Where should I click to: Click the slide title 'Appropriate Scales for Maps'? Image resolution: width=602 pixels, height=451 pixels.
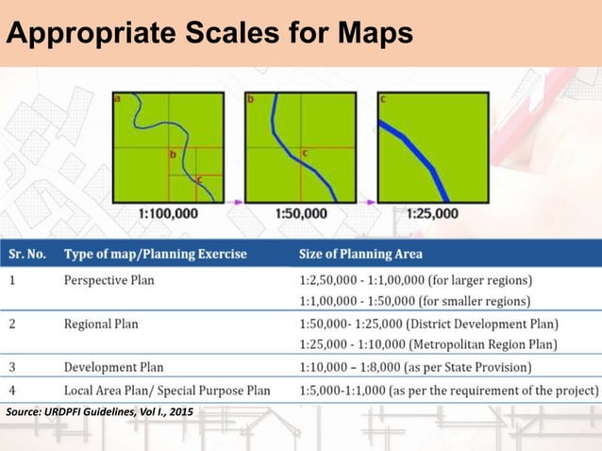coord(209,34)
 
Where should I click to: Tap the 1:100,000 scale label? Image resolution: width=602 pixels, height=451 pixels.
coord(168,213)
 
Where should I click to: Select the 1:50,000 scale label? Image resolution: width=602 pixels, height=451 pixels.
coord(301,213)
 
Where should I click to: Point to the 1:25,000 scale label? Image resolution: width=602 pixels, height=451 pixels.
coord(432,213)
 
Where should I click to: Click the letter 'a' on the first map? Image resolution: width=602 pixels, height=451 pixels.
coord(117,97)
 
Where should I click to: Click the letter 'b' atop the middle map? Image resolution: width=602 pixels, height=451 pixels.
coord(250,98)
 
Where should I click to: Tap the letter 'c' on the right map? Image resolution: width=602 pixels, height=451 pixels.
coord(382,98)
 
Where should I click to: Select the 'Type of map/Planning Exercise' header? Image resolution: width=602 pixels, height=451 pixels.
coord(155,254)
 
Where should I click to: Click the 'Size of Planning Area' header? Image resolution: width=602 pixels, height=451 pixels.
coord(360,254)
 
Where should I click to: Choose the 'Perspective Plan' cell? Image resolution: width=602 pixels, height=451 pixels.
coord(108,280)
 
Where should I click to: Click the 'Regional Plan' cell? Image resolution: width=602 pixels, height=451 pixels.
coord(100,325)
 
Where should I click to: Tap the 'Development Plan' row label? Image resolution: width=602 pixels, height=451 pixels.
coord(113,367)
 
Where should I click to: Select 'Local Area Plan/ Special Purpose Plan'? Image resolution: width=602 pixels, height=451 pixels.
coord(166,390)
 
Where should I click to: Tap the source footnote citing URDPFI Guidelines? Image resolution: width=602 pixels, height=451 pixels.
coord(106,413)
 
